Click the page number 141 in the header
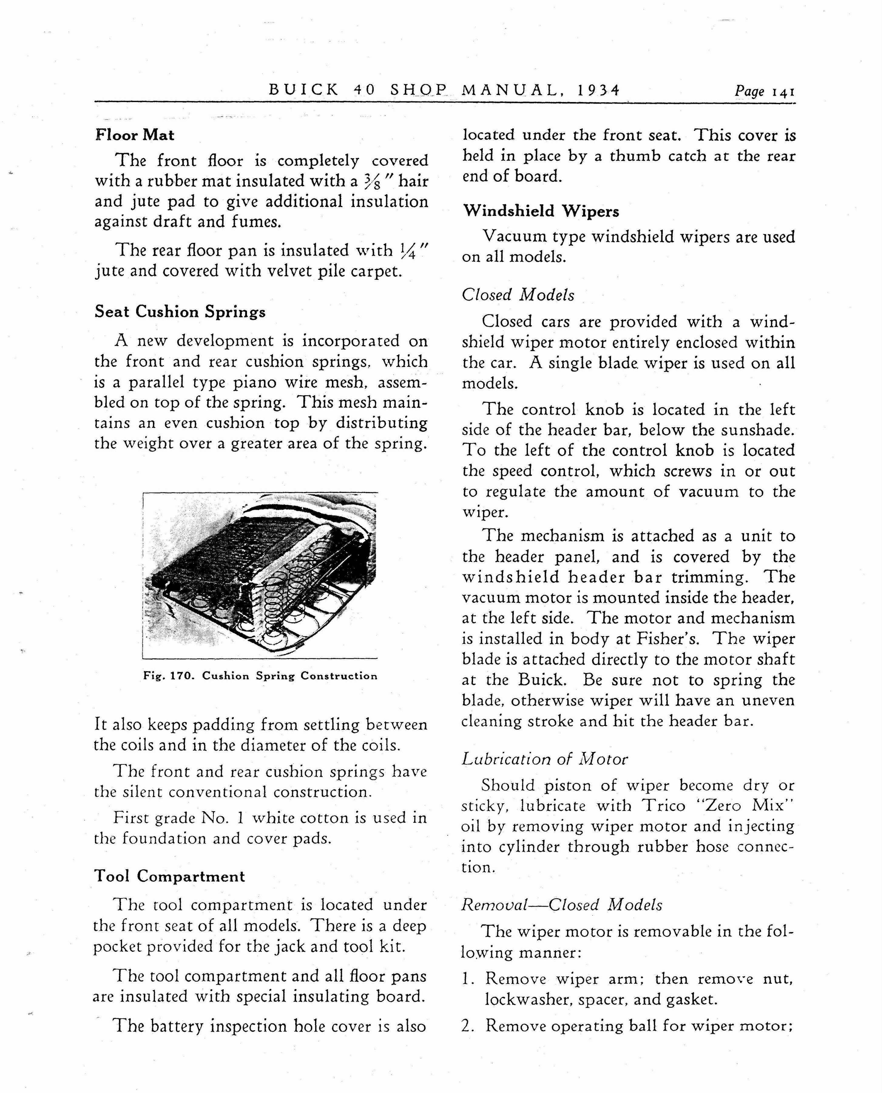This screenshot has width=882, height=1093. [783, 92]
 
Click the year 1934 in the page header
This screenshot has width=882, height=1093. [599, 90]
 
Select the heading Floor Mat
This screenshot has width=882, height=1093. [135, 135]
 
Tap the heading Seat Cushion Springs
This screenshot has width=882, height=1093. [180, 312]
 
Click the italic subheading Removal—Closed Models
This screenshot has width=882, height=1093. [561, 905]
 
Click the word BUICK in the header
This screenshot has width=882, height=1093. [303, 90]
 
